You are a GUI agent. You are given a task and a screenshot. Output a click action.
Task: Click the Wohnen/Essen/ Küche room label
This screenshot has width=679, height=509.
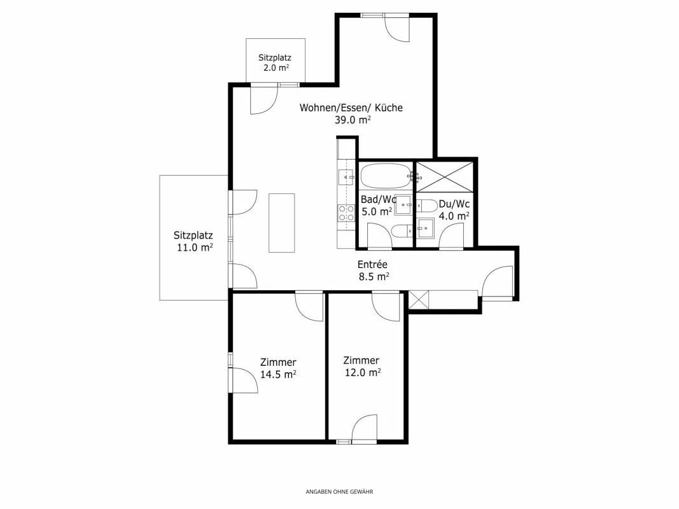coord(351,108)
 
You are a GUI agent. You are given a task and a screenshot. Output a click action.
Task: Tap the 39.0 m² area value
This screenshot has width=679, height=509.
coord(353,120)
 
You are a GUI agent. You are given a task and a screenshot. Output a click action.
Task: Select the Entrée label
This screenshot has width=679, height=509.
coord(372,264)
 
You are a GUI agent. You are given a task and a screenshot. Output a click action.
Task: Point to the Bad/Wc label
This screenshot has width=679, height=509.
coord(379,200)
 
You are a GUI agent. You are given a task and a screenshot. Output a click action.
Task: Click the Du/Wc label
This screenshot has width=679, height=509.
coord(454,204)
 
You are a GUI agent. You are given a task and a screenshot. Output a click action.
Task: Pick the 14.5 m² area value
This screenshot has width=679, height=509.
coord(278,374)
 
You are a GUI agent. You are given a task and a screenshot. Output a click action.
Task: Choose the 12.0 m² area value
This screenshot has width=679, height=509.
coord(363,372)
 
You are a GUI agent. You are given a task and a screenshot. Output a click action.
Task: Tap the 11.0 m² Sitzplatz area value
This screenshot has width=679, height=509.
coord(195,248)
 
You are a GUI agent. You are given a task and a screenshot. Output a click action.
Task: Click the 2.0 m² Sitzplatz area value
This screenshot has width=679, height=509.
coord(276,68)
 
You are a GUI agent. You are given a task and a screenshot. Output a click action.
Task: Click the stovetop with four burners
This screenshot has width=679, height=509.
coord(346,213)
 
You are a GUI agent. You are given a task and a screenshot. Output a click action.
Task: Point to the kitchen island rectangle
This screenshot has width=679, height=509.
coord(282,223)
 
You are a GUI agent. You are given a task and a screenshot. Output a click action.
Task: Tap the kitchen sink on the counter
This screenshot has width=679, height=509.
coord(346,177)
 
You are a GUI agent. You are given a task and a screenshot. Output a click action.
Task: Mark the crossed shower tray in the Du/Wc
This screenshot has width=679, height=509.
coord(445,176)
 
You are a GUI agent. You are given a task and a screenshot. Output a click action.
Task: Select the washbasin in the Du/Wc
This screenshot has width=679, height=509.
coord(426,228)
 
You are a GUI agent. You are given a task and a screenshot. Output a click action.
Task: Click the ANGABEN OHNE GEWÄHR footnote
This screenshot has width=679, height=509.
coord(340,492)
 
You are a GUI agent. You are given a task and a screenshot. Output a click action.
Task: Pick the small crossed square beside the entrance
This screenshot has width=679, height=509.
coord(418,300)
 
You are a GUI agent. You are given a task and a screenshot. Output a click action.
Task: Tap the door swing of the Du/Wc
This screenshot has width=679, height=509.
coord(451,237)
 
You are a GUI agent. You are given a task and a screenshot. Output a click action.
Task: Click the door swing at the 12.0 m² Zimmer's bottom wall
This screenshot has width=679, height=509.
coord(364,428)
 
